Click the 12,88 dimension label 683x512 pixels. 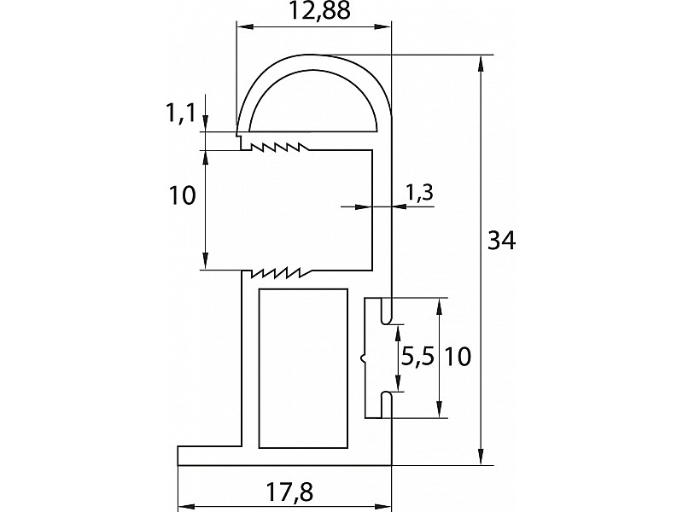pos(319,11)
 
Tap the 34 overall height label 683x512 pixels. pos(501,241)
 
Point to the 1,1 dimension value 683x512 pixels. pos(179,114)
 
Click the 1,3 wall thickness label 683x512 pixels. pos(419,191)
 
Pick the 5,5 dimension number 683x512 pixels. pos(417,358)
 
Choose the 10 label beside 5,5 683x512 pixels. pos(458,358)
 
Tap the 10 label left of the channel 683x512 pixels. pos(182,195)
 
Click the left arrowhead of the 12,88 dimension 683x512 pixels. pos(244,27)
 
